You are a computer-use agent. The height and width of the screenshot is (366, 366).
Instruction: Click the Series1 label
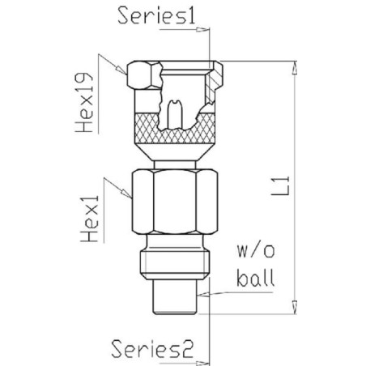click(156, 15)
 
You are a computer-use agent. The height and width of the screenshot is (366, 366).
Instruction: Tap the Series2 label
click(152, 349)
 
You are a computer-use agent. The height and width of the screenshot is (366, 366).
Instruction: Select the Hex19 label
click(84, 103)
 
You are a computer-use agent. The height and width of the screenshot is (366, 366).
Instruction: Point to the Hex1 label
click(90, 219)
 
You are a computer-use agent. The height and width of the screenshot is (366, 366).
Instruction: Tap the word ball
click(256, 278)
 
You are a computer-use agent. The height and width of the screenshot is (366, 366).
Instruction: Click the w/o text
click(256, 251)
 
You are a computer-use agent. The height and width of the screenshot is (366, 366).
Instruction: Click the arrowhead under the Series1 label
click(202, 29)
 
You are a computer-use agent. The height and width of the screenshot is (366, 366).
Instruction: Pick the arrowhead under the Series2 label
click(202, 363)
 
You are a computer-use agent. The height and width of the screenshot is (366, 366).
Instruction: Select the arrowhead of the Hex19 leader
click(121, 70)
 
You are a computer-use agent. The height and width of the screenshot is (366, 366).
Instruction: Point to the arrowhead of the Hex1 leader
click(126, 193)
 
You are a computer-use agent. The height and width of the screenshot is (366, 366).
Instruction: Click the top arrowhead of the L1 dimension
click(295, 67)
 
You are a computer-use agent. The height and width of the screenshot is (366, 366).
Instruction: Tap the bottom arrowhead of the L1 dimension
click(295, 308)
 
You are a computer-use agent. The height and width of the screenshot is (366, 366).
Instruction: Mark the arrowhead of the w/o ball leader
click(203, 294)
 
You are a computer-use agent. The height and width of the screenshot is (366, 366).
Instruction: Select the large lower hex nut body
click(175, 202)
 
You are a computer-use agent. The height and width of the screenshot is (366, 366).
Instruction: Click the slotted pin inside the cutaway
click(175, 114)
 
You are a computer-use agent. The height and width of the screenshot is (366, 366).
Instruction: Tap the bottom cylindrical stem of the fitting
click(175, 297)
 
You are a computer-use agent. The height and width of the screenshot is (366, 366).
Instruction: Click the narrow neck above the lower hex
click(175, 164)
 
